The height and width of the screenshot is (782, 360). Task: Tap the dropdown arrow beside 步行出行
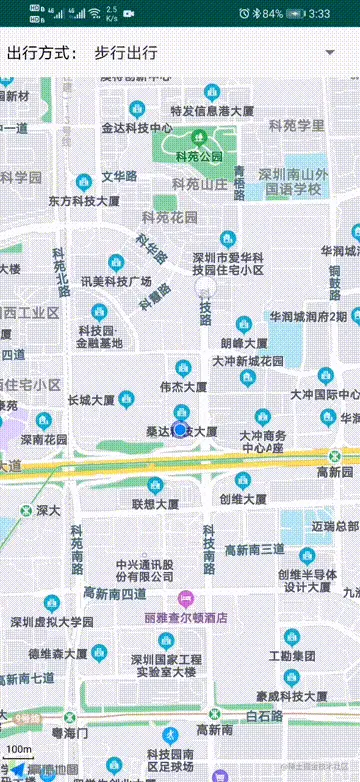[329, 52]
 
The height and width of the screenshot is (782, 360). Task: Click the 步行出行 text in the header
[125, 52]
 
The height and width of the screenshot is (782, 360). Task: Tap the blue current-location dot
[180, 429]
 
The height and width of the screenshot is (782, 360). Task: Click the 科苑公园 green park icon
[198, 137]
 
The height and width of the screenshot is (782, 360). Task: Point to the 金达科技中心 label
[137, 128]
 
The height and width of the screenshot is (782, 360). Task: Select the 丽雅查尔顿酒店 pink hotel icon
[185, 599]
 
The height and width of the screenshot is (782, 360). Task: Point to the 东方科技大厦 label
[85, 200]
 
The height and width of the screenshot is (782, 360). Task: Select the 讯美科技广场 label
[116, 281]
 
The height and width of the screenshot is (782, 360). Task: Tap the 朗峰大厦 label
[247, 341]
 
